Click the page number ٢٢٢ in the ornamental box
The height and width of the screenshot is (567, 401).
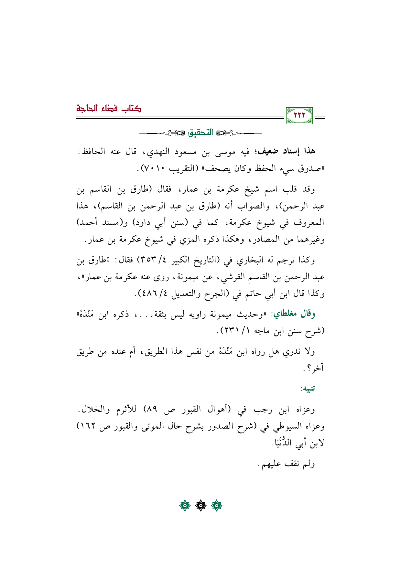click(x=299, y=115)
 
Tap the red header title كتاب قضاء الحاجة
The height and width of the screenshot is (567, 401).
click(x=109, y=108)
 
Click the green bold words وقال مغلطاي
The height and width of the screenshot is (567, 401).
click(x=293, y=314)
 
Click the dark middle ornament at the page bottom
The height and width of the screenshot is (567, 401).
click(x=200, y=505)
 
